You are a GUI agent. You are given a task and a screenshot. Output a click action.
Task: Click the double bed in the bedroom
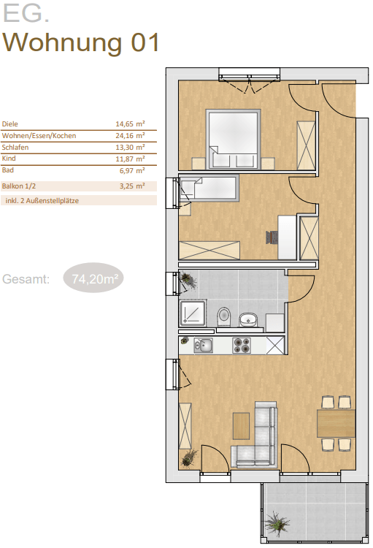click(234, 140)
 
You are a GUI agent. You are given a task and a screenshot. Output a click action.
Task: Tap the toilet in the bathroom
click(223, 316)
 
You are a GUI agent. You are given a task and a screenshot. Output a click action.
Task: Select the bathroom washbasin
click(248, 319)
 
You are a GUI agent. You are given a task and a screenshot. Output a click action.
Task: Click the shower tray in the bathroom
click(193, 313)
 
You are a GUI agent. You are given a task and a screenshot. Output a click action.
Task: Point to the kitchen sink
click(203, 346)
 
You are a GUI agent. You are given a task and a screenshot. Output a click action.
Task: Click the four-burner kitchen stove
click(242, 346)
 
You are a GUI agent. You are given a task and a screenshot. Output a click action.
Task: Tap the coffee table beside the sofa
click(242, 426)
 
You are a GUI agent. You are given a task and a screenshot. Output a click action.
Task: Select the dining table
click(336, 423)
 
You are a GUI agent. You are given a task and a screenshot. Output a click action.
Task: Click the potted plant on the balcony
click(277, 523)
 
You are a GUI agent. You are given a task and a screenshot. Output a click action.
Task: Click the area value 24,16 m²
click(130, 136)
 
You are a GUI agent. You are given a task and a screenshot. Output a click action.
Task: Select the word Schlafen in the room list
click(15, 147)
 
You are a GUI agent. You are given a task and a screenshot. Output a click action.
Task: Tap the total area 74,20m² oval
click(93, 278)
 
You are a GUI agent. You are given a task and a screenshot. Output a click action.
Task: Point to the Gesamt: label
click(26, 279)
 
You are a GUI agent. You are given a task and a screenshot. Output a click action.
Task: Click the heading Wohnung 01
click(81, 43)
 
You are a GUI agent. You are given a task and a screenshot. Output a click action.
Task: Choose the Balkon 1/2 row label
click(18, 186)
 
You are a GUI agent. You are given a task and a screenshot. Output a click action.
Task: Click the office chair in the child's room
click(272, 237)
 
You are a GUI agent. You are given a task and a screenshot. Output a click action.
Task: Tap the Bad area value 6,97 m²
click(132, 170)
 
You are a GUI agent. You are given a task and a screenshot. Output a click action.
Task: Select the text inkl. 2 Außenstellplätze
click(42, 201)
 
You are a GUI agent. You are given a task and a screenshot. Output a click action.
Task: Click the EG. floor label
click(26, 13)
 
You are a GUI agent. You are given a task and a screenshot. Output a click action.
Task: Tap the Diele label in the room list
click(9, 124)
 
